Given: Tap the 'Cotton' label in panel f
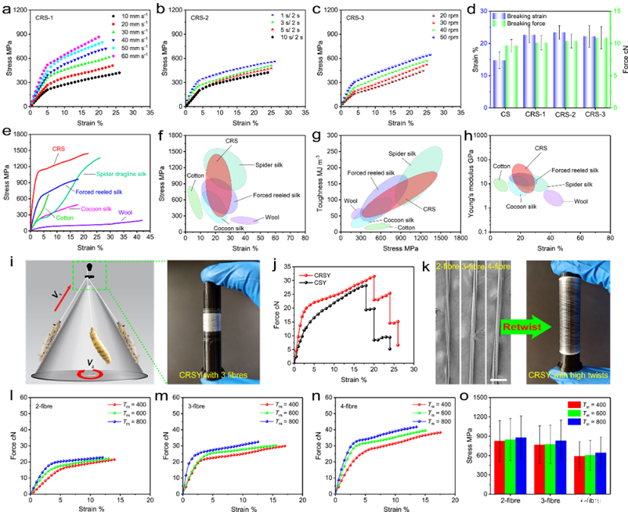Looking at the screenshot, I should click(196, 175).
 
